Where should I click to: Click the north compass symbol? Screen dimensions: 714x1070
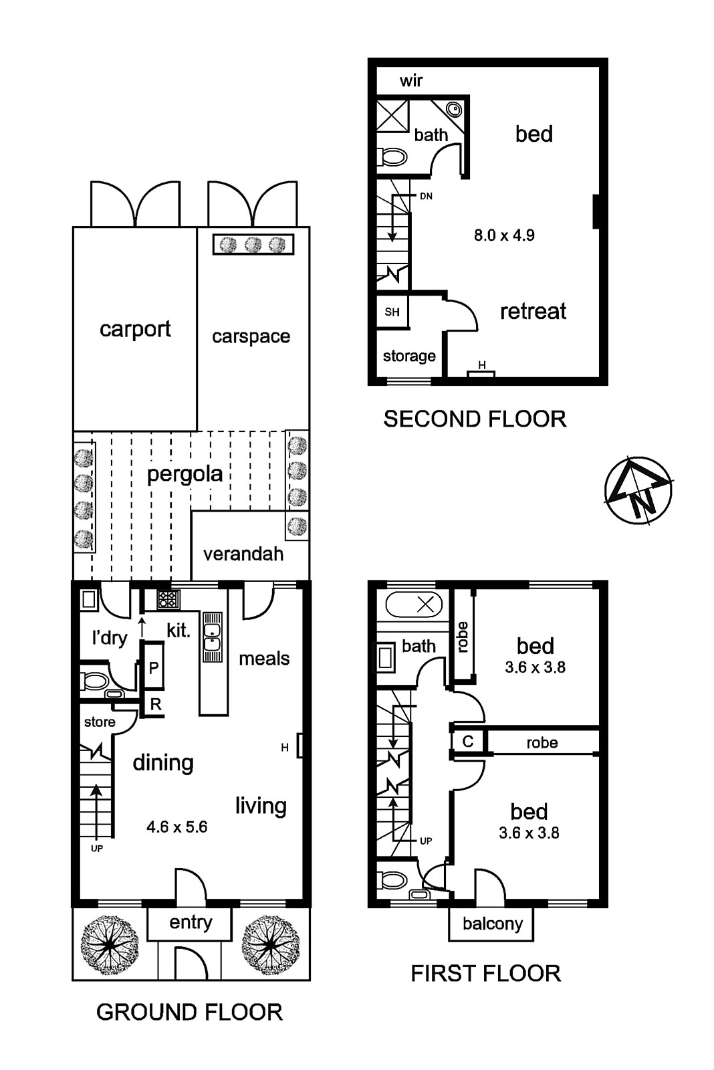coord(638,492)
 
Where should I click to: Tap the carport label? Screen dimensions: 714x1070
coord(135,329)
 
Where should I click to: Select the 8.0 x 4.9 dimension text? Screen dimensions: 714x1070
coord(504,235)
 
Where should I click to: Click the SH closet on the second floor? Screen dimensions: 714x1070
coord(392,312)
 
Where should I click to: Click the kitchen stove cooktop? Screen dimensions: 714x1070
coord(168,599)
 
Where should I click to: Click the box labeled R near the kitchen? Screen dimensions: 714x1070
coord(155,704)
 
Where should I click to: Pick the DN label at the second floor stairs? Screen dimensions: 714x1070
coord(426,196)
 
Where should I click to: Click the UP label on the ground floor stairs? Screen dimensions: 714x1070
coord(97,849)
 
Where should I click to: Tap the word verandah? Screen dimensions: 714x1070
coord(243,554)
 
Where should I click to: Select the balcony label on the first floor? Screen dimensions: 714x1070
coord(493,924)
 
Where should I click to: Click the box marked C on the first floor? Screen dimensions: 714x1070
coord(468,741)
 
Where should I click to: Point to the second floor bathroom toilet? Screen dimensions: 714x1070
coord(392,156)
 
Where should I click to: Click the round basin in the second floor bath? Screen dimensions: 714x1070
coord(454,110)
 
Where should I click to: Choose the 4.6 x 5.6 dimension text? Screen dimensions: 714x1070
coord(177,827)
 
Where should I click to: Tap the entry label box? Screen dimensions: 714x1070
coord(190,924)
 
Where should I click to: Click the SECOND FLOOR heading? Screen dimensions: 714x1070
coord(475,419)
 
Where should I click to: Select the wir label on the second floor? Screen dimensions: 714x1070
coord(411,81)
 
